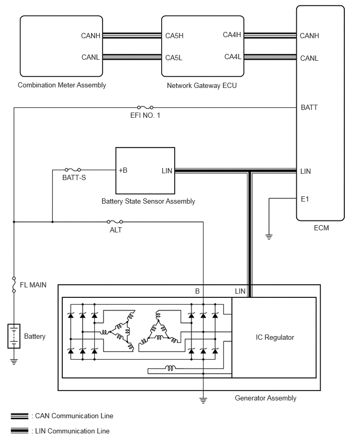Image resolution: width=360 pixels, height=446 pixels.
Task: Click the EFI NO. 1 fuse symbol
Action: (145, 107)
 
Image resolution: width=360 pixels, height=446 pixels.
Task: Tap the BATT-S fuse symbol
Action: (73, 170)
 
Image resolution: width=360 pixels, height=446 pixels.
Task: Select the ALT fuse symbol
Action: (115, 221)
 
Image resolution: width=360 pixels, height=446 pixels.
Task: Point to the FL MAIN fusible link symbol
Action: (14, 284)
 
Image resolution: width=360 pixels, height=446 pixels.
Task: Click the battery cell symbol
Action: (14, 336)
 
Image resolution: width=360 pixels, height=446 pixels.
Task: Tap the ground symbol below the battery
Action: (14, 362)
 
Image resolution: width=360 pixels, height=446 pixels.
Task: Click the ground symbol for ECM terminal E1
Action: (269, 237)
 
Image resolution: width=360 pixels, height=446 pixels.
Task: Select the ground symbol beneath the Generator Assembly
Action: (203, 400)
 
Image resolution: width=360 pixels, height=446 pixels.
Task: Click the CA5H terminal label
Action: (174, 36)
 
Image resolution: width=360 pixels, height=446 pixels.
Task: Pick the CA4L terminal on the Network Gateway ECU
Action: (233, 57)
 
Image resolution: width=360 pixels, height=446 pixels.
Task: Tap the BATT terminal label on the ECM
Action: (309, 107)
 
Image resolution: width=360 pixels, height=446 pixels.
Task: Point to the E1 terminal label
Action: (305, 199)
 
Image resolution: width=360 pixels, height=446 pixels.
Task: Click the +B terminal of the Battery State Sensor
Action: (123, 170)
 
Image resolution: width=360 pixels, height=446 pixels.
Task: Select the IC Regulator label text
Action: (275, 337)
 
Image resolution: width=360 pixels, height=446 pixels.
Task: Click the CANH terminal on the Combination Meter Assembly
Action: (91, 36)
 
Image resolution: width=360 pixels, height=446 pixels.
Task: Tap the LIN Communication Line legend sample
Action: (19, 431)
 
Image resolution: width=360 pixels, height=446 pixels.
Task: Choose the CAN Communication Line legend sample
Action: (19, 416)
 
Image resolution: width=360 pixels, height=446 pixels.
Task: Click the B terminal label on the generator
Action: (197, 291)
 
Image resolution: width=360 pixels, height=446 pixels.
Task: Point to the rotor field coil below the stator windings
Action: (170, 368)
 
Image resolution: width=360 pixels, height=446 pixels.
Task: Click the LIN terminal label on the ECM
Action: (306, 171)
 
